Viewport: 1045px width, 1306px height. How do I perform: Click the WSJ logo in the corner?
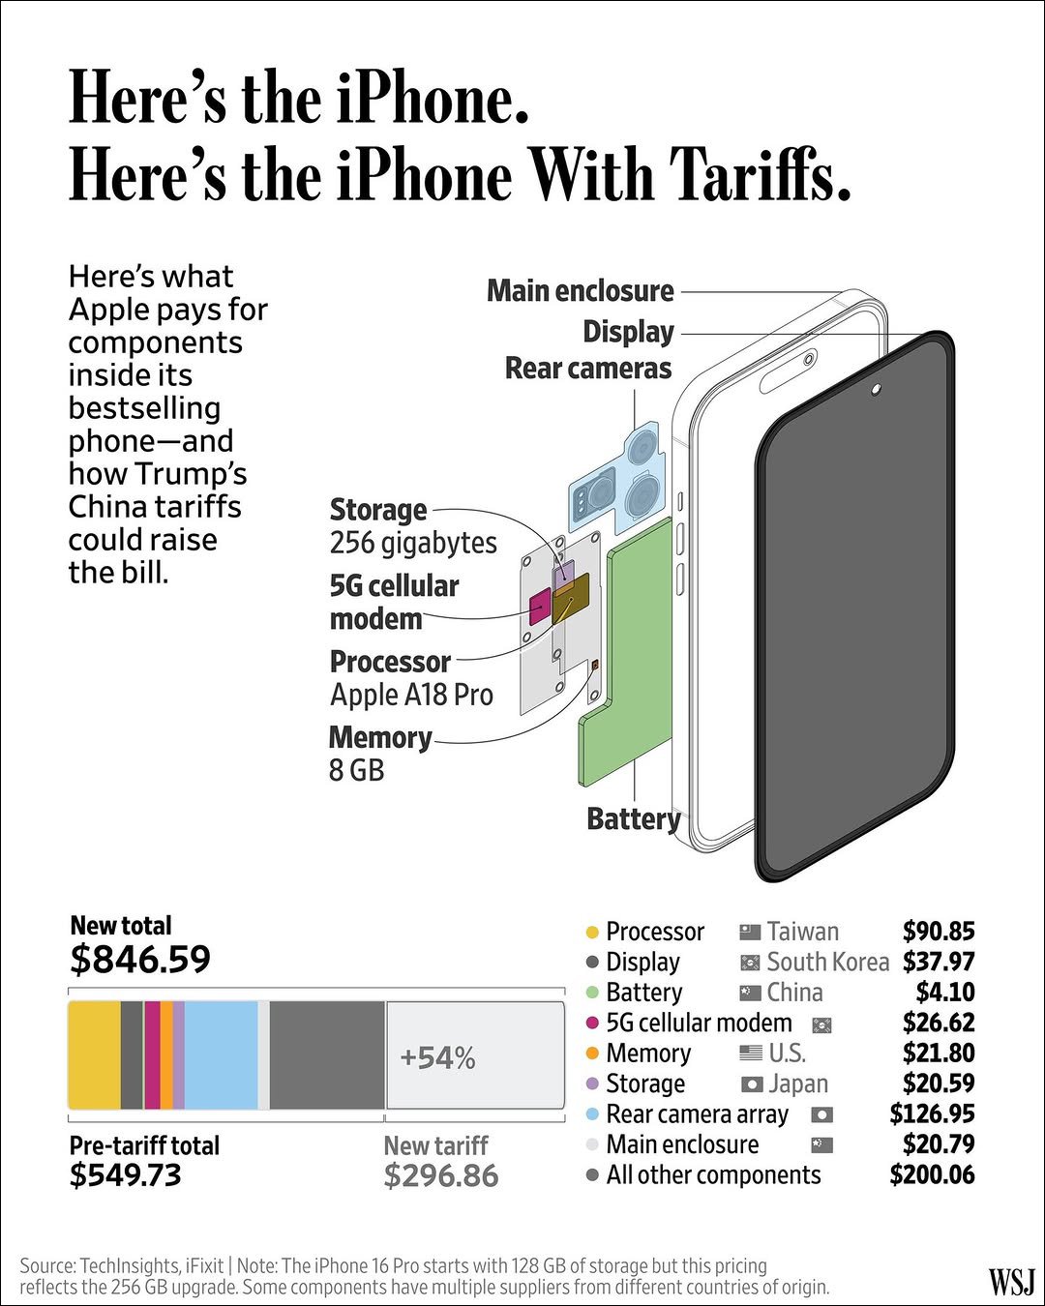[1011, 1281]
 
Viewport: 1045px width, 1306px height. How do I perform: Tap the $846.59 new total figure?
[140, 959]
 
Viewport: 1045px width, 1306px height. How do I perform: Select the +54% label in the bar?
[437, 1057]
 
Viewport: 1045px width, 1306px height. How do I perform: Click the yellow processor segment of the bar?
[94, 1055]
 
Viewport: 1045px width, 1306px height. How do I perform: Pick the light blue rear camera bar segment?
[221, 1055]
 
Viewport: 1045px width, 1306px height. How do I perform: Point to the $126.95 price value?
[932, 1113]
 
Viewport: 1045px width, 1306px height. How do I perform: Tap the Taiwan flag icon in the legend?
[750, 932]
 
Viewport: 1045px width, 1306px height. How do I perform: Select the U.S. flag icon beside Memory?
[751, 1053]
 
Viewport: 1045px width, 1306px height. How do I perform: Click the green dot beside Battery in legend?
[593, 993]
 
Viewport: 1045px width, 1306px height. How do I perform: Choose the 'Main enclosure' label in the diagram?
[580, 290]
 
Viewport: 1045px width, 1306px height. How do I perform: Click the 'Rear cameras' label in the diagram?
[587, 369]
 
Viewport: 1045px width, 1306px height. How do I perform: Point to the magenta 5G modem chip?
[539, 607]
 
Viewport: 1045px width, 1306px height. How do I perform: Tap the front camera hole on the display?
[876, 389]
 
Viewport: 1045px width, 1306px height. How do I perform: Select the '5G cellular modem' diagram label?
[394, 602]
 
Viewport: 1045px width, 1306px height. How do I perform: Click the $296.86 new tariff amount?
[440, 1175]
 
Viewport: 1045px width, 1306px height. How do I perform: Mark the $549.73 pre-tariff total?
[125, 1175]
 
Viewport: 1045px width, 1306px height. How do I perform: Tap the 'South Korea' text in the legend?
[827, 962]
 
